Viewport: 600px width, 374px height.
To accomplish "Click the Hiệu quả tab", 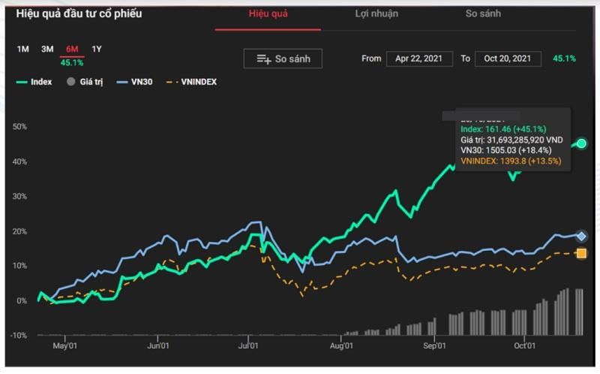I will coord(268,14).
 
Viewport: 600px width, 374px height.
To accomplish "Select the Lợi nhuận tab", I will coord(376,14).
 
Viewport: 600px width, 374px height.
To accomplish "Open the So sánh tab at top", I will coord(483,14).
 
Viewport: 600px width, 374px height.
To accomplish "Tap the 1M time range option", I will coord(23,50).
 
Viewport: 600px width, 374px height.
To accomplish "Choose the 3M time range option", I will coord(47,50).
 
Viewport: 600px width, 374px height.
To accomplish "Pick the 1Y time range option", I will coord(97,50).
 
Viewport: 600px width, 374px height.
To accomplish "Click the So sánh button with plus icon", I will coord(283,59).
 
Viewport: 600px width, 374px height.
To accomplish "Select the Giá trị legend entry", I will coord(85,82).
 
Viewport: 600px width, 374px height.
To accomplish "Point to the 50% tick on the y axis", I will coord(19,126).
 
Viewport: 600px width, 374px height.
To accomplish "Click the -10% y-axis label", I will coord(18,335).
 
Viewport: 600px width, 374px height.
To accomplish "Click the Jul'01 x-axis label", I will coord(248,346).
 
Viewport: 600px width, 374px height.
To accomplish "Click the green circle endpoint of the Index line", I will coord(581,143).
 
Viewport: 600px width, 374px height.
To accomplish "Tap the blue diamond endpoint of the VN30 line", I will coord(581,236).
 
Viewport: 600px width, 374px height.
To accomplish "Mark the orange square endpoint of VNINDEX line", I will coord(581,254).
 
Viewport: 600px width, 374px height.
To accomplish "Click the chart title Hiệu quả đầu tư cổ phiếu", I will coord(79,14).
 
